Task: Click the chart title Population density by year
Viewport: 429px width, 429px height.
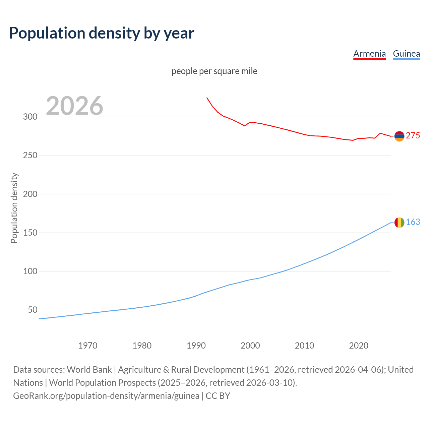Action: (x=102, y=33)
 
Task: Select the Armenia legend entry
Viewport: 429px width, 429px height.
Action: (x=369, y=54)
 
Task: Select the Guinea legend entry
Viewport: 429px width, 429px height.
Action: (x=406, y=54)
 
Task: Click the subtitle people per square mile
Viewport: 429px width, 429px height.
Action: (x=214, y=71)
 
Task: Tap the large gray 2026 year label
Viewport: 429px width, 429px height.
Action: (x=74, y=106)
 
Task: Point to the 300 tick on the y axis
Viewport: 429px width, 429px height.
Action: (x=30, y=117)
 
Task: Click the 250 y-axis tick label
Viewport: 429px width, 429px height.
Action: (x=30, y=156)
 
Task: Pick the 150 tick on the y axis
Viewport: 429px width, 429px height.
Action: (x=30, y=233)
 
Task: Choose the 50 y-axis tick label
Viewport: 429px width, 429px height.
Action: (x=33, y=310)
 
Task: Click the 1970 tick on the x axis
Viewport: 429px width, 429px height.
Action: (x=88, y=346)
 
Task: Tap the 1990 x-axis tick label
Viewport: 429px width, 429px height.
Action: (x=196, y=346)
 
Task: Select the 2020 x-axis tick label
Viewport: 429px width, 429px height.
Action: (x=359, y=346)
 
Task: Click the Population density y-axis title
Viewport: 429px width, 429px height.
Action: (x=14, y=208)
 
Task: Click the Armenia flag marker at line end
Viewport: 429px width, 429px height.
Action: (x=399, y=136)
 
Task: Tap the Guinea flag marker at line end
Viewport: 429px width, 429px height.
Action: (x=399, y=223)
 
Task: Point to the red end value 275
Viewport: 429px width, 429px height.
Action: (x=413, y=135)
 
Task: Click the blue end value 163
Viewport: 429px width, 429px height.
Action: (x=413, y=222)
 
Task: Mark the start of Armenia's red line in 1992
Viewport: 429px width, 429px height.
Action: (x=207, y=98)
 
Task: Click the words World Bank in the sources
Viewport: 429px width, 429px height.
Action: (x=89, y=370)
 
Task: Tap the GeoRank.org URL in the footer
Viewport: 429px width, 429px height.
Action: (x=106, y=396)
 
